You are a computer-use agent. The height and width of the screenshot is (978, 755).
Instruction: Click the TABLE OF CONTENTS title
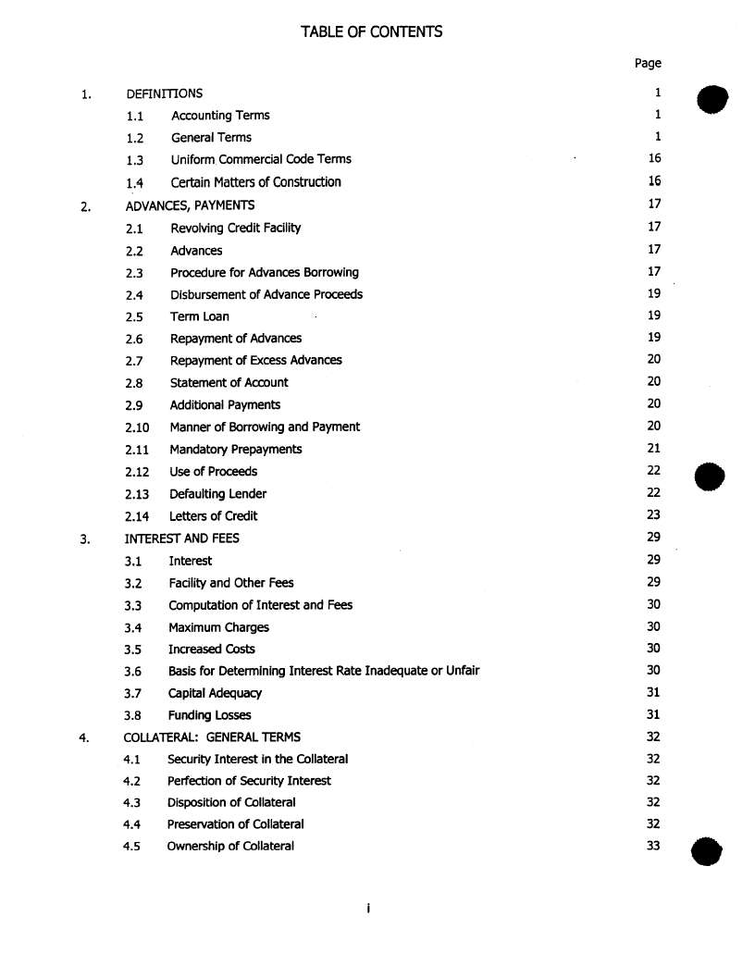point(371,32)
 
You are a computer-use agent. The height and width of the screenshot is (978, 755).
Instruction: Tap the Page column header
point(648,63)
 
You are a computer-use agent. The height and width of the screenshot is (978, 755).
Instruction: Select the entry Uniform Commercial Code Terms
point(261,159)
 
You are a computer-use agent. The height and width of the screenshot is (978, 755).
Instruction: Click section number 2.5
point(134,317)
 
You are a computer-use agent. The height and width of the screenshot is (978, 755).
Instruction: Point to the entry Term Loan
point(199,316)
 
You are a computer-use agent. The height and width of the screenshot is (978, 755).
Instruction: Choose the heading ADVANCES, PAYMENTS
point(190,205)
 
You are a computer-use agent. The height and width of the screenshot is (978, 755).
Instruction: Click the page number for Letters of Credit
point(654,515)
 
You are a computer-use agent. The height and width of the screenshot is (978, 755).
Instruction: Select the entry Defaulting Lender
point(217,494)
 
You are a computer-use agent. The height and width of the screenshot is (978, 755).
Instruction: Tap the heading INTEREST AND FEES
point(181,539)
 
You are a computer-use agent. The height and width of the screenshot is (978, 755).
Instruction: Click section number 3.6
point(132,672)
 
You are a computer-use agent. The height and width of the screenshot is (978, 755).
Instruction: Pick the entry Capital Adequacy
point(215,693)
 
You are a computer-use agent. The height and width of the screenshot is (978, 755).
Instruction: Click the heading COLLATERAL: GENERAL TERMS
point(212,737)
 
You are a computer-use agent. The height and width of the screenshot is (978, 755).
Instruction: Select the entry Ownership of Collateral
point(230,846)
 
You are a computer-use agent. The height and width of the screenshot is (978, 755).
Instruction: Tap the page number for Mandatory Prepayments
point(654,449)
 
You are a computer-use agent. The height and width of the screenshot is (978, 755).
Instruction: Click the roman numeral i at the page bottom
point(368,910)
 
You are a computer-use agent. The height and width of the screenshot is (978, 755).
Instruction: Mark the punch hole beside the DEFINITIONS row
point(712,98)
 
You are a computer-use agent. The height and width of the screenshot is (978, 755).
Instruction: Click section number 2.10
point(137,427)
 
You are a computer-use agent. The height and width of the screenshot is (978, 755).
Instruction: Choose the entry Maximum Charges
point(218,627)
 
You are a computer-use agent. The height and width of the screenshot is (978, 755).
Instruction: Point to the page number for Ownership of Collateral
point(653,846)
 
